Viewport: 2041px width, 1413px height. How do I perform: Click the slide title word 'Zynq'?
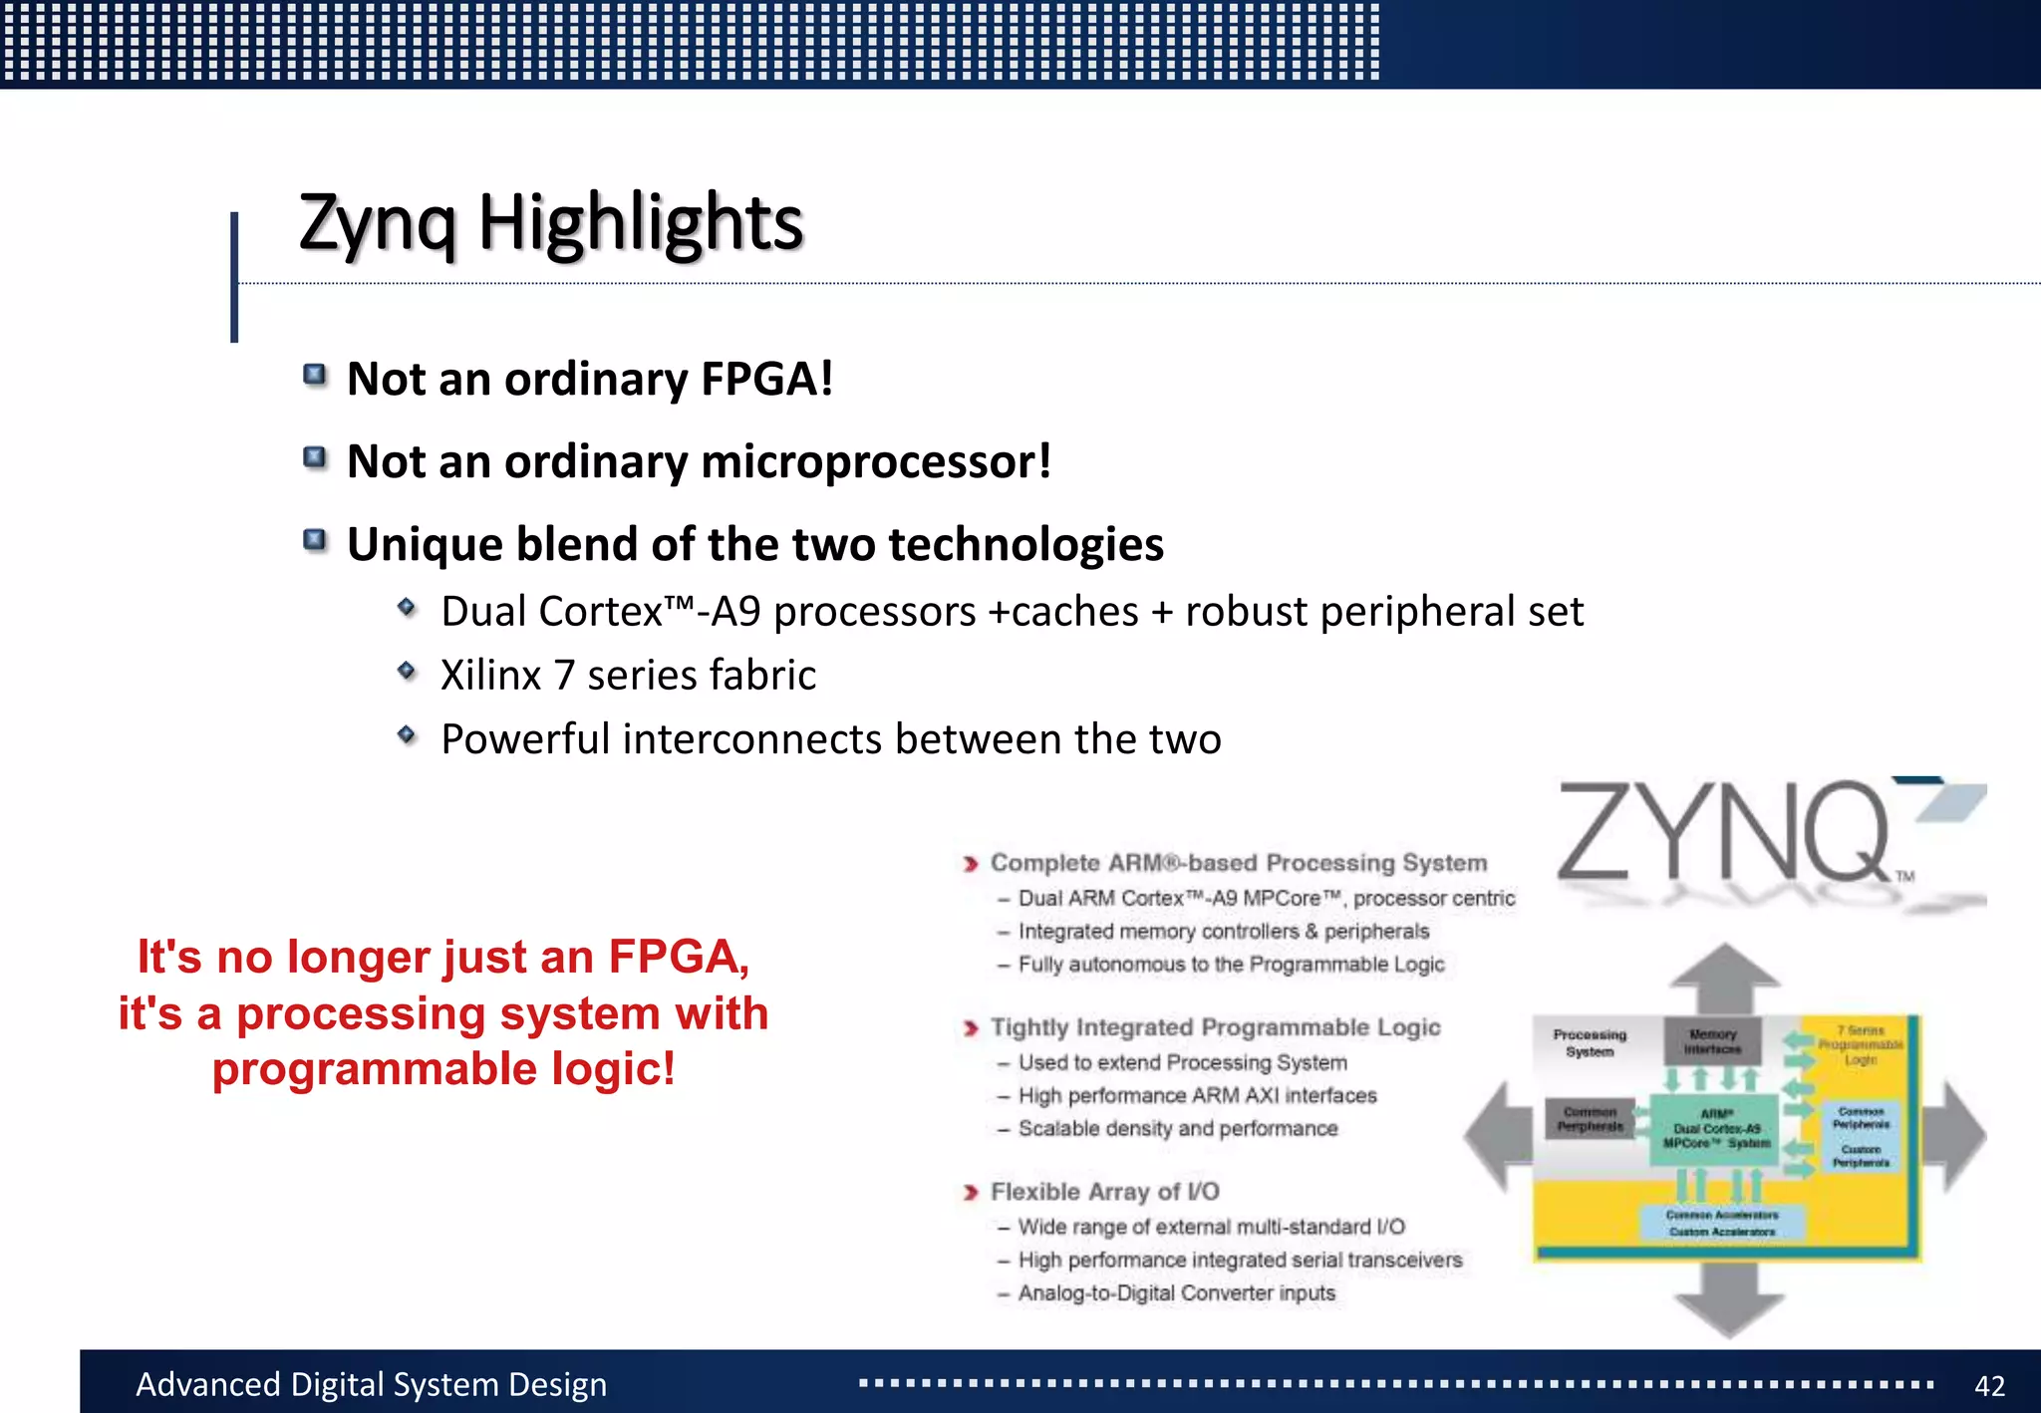[378, 224]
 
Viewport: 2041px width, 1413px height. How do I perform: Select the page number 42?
[1989, 1385]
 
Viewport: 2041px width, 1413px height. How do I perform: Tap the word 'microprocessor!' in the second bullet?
[876, 461]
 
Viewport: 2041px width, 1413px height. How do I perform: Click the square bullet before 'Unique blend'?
[315, 540]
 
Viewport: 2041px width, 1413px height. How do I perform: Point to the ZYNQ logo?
[1754, 837]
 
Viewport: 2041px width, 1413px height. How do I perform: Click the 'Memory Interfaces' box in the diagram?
[1712, 1041]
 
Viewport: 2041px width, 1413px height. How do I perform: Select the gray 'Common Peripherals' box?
[1590, 1119]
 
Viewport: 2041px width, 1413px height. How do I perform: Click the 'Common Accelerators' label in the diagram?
[1721, 1215]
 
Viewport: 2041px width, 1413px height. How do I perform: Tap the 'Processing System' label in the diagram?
[1590, 1042]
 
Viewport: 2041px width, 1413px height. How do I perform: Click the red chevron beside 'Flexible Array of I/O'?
[971, 1193]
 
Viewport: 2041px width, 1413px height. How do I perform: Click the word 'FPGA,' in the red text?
[679, 957]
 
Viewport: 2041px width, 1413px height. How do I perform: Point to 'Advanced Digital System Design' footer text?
[371, 1385]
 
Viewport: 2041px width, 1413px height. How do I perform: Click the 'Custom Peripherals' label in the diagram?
[1861, 1156]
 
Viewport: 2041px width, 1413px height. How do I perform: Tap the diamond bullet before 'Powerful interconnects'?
[407, 735]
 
